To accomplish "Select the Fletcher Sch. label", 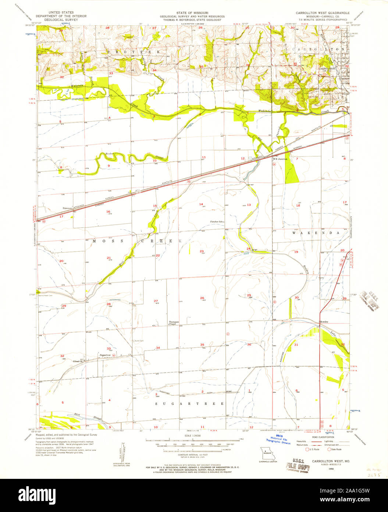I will click(x=217, y=222).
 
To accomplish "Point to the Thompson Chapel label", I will click(x=174, y=323).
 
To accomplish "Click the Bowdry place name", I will click(x=324, y=322).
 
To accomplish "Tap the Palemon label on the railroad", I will click(x=67, y=208).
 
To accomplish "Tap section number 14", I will click(x=201, y=204).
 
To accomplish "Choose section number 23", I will click(x=202, y=251).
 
